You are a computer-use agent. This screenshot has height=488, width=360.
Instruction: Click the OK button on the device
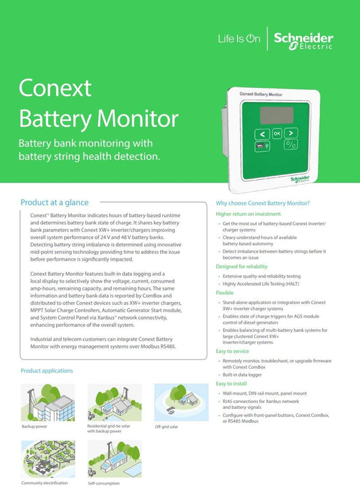click(276, 134)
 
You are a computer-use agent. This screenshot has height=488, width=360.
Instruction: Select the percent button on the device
click(290, 145)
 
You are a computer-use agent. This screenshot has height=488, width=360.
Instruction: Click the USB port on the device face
click(259, 145)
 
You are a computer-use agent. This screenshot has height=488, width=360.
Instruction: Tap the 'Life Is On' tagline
click(238, 39)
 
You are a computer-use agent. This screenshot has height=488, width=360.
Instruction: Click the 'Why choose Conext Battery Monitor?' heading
click(263, 203)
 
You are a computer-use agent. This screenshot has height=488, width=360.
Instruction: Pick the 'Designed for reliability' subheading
click(242, 266)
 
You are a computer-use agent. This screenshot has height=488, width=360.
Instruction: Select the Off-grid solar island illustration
click(176, 401)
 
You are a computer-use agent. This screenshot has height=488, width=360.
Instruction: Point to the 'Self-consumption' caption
click(103, 483)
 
